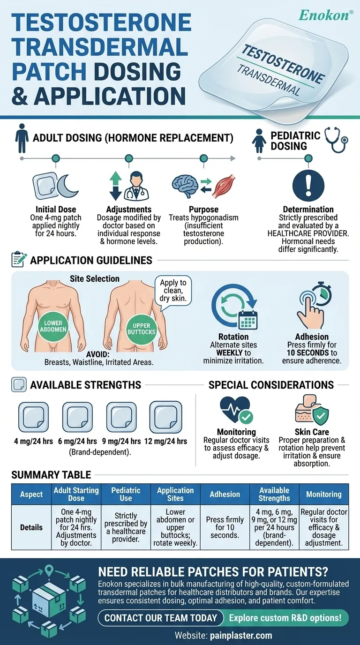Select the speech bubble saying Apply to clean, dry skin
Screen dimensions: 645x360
(173, 291)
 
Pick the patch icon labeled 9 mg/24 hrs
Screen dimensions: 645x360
(121, 417)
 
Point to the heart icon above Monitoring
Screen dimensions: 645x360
(235, 409)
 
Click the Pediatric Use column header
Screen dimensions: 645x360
(126, 494)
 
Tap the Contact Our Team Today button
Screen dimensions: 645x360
(160, 617)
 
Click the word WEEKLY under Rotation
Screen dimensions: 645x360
(230, 352)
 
